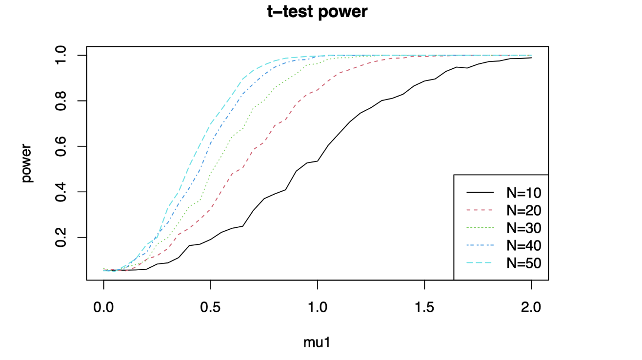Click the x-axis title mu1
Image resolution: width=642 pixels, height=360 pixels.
tap(318, 342)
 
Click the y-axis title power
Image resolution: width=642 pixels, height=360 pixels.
tap(27, 163)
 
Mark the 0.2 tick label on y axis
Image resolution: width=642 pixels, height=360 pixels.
tap(61, 238)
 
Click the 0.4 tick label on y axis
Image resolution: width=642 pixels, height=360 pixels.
tap(61, 192)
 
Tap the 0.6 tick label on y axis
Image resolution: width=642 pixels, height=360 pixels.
tap(61, 146)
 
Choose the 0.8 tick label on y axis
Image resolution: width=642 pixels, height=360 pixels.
tap(61, 101)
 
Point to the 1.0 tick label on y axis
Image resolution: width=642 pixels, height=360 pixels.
tap(61, 55)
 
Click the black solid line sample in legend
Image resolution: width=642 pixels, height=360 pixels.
tap(480, 192)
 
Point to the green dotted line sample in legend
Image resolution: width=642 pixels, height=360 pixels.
tap(480, 228)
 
